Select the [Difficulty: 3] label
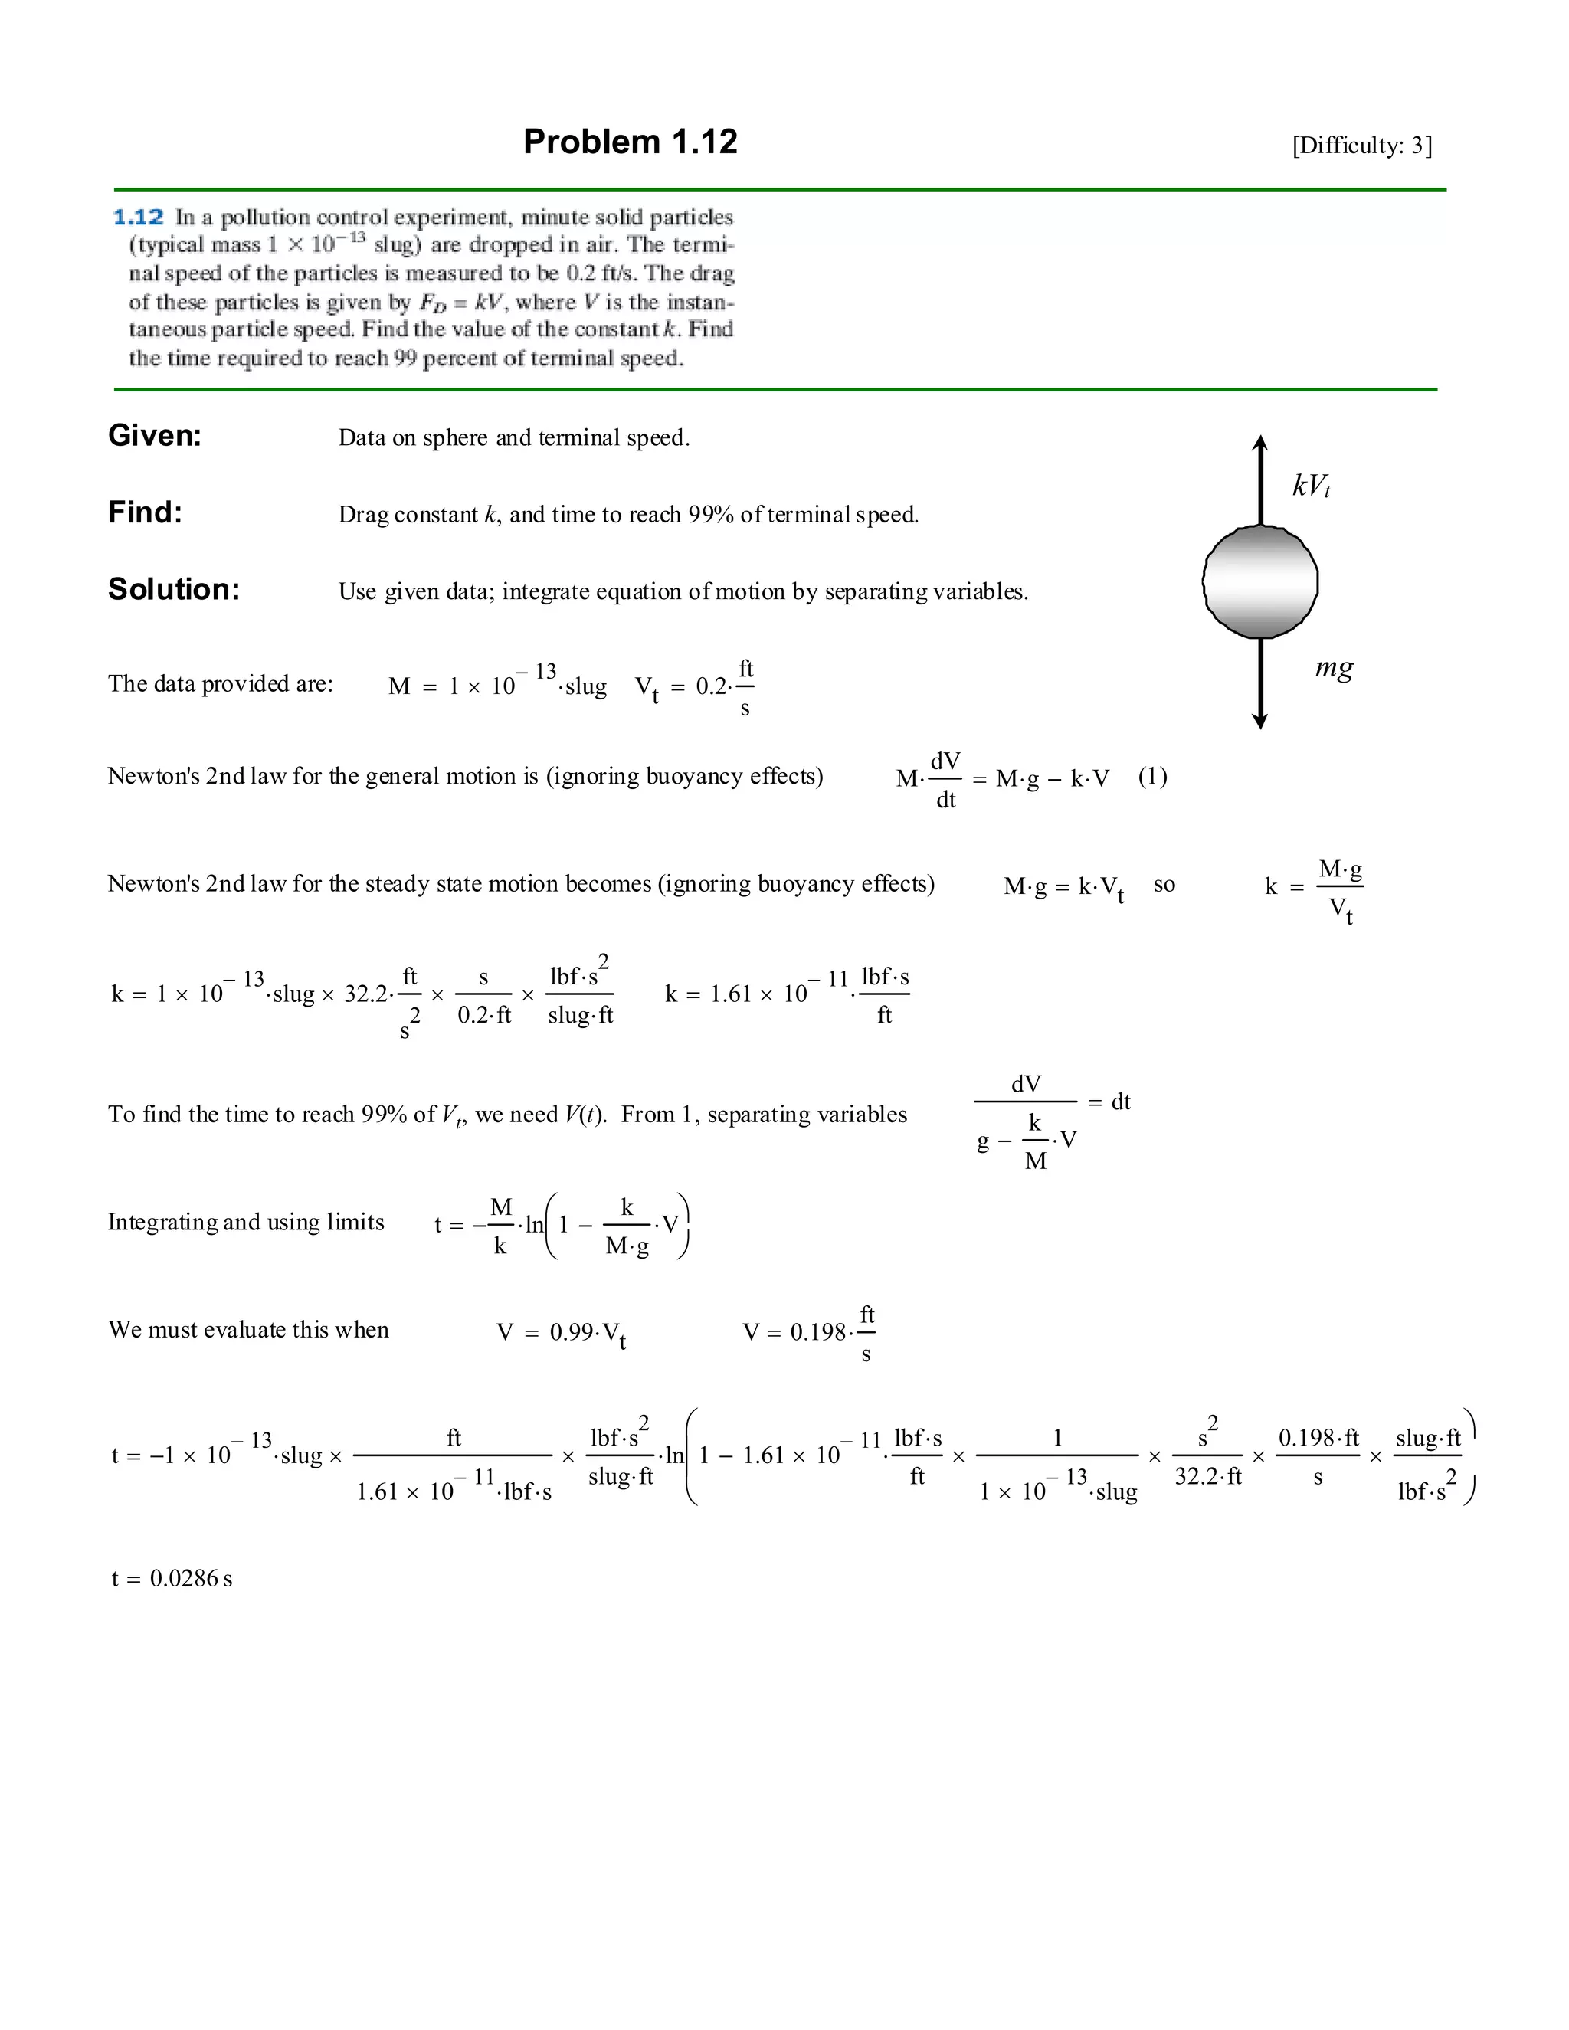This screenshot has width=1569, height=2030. [x=1361, y=145]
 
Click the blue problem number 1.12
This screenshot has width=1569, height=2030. [x=138, y=218]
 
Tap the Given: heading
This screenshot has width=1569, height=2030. [x=154, y=435]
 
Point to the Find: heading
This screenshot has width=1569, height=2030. [x=145, y=512]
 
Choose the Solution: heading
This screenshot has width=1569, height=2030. [x=174, y=589]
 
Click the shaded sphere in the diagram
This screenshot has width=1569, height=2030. [x=1259, y=582]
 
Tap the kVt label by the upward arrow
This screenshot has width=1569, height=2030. [x=1311, y=485]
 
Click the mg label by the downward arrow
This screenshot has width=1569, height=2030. [x=1334, y=667]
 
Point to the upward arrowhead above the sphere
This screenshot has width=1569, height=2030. [x=1259, y=444]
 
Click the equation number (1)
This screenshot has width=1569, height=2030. [x=1152, y=776]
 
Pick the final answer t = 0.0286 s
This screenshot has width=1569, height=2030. [x=172, y=1578]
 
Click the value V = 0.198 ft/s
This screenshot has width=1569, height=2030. [x=809, y=1332]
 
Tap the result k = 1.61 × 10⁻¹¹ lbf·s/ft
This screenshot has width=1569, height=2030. [x=786, y=994]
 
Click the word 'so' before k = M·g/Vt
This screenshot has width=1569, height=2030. [x=1164, y=885]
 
